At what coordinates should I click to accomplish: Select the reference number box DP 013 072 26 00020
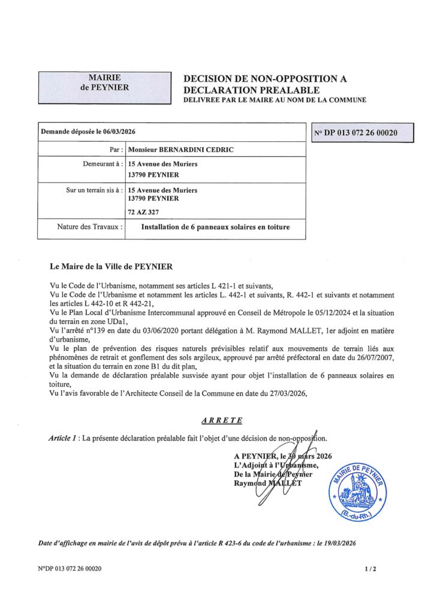364,132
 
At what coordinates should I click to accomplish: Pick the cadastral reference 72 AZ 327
145,212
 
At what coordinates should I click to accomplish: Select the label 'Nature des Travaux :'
91,227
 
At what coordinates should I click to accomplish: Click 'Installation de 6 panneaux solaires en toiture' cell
215,227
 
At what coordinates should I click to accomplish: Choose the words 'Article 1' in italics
63,439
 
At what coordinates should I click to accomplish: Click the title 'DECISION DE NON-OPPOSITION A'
264,78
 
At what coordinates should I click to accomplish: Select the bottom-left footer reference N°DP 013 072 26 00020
70,569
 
